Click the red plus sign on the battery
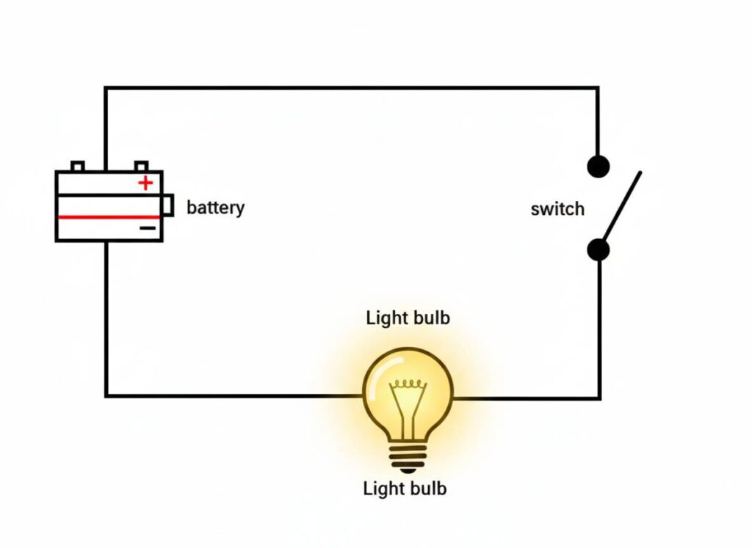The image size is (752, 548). click(146, 183)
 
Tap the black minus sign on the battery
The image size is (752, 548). click(148, 228)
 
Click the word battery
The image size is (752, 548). click(215, 208)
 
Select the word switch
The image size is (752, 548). click(557, 209)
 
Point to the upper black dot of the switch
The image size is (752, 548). click(599, 167)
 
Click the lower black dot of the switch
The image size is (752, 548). click(599, 250)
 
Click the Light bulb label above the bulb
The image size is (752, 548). click(408, 318)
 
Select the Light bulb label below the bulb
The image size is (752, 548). click(405, 488)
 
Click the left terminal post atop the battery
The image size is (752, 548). click(77, 166)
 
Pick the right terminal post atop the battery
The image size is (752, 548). click(142, 166)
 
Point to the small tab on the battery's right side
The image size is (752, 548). click(168, 205)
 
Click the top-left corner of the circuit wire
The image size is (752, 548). click(106, 88)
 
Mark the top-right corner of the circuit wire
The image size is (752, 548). click(597, 88)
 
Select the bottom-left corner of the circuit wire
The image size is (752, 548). click(106, 395)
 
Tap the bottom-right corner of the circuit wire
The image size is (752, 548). click(599, 398)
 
